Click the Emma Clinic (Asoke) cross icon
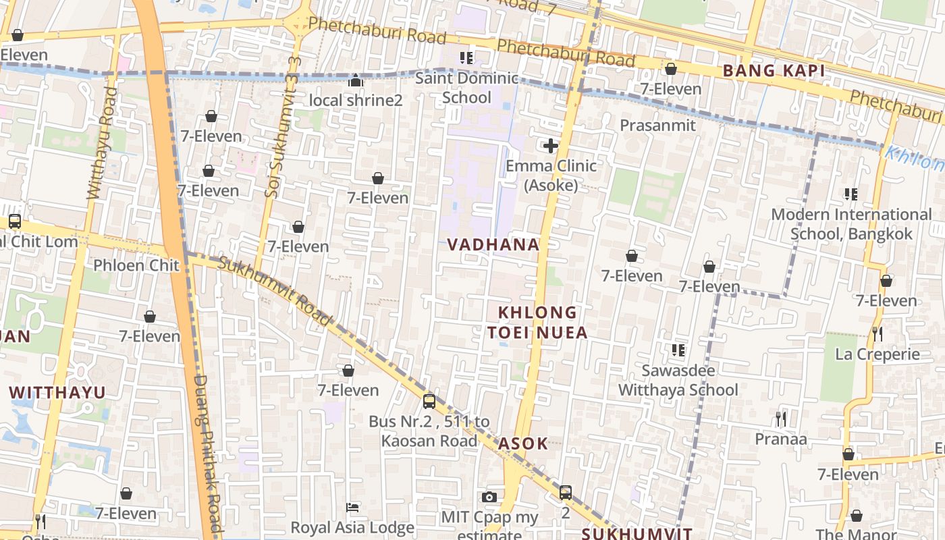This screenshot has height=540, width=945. point(551,146)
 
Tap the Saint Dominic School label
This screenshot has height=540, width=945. point(466,88)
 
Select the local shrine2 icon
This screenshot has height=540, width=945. point(356,81)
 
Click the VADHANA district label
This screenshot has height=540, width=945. point(494,245)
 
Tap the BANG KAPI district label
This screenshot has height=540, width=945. point(774,71)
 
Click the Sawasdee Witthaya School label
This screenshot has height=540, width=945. point(678,380)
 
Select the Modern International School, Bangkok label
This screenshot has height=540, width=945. point(851,224)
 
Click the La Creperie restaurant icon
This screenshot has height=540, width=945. point(877,333)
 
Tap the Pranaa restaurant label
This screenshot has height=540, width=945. point(780,439)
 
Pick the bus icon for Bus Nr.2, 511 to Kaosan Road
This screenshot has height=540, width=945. point(429,402)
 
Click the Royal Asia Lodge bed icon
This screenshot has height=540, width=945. point(352,507)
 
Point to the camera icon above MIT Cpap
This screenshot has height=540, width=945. point(489,497)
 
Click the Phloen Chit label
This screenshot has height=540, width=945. point(136,265)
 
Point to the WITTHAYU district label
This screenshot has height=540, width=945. point(57,392)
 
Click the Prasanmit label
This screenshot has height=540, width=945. point(657,126)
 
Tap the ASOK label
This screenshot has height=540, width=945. point(523,444)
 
